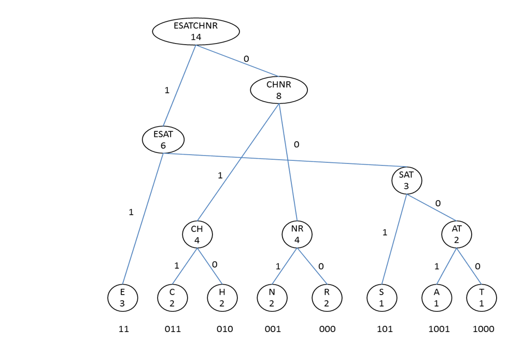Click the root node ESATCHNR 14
(x=196, y=31)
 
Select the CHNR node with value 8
(x=279, y=90)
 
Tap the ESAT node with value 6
(x=163, y=140)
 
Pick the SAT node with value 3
(x=406, y=181)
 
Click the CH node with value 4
(x=197, y=234)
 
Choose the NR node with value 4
(x=297, y=234)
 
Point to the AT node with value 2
(x=457, y=234)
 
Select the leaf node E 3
(x=122, y=298)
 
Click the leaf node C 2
(x=172, y=298)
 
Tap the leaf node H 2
(x=222, y=298)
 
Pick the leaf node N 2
(x=272, y=298)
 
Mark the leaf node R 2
(x=327, y=298)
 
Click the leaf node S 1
(x=381, y=298)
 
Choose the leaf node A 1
(x=436, y=298)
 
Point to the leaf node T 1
(x=481, y=298)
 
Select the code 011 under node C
(x=173, y=329)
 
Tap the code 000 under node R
(x=327, y=329)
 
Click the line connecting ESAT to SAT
(x=280, y=159)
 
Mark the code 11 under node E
(x=123, y=329)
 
